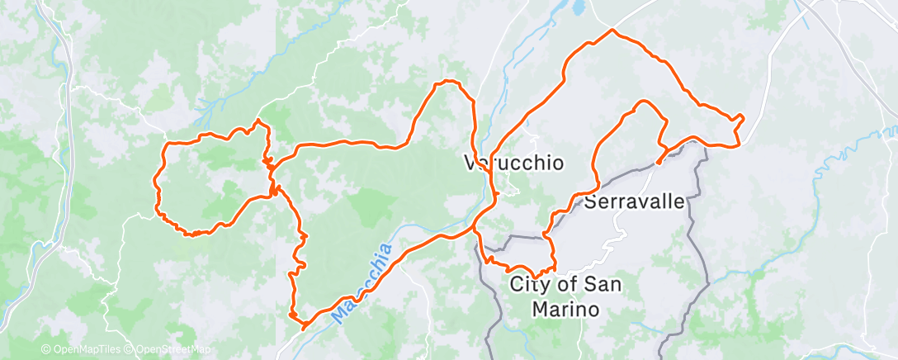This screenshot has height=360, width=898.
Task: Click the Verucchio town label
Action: (514, 163)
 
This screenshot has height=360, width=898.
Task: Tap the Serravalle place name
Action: (635, 201)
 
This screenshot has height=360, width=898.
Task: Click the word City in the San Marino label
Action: (528, 286)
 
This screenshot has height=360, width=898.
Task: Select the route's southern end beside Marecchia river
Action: (303, 326)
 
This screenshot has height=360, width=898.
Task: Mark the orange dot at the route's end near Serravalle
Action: (658, 162)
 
